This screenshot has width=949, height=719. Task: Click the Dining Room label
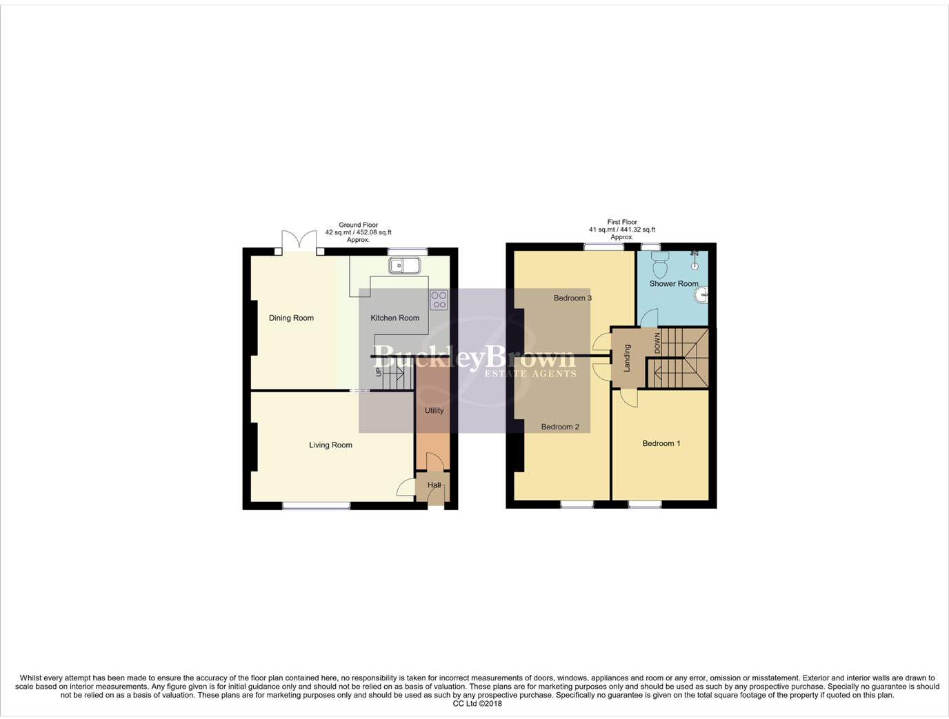tap(291, 318)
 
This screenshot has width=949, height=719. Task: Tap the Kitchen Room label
tap(394, 318)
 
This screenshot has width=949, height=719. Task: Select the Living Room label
tap(330, 445)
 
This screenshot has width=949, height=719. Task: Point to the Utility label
tap(434, 410)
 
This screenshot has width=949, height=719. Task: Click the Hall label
tap(434, 485)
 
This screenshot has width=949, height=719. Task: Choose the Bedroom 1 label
tap(661, 443)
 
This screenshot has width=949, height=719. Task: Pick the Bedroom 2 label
tap(560, 427)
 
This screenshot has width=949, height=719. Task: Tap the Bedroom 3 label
tap(572, 298)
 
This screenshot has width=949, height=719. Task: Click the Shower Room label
tap(673, 283)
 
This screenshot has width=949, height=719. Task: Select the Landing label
tap(627, 358)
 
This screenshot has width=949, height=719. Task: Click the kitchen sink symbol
tap(404, 265)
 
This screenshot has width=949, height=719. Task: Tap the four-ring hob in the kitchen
tap(439, 300)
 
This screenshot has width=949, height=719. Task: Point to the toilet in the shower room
tap(660, 263)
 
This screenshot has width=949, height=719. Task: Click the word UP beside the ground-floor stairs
tap(378, 372)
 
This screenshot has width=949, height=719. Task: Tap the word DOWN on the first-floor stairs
tap(657, 343)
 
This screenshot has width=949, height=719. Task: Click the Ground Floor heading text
tap(358, 225)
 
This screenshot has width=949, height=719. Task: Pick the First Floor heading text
tap(622, 222)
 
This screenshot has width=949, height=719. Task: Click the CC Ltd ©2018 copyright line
tap(477, 704)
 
